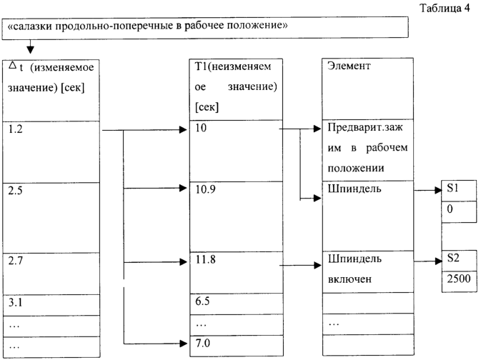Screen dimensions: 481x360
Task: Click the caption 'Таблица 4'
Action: tap(444, 9)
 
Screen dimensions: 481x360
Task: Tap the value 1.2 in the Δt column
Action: tap(15, 129)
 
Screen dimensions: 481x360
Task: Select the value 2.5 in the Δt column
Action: tap(15, 191)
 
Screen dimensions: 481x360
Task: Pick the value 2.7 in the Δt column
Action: tap(15, 261)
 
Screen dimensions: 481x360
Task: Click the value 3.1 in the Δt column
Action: tap(15, 303)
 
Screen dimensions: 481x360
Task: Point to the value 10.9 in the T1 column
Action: tap(205, 189)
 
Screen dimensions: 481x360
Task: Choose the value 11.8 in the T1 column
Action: tap(205, 259)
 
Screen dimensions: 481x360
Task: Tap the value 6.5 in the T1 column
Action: tap(202, 301)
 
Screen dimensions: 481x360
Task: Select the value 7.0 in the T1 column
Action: tap(203, 343)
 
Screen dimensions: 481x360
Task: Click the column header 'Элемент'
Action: tap(349, 66)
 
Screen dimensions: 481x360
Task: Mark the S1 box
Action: tap(459, 191)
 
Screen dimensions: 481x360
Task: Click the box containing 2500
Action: tap(460, 281)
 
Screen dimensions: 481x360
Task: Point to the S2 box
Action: tap(460, 261)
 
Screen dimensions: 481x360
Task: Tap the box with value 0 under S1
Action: tap(459, 211)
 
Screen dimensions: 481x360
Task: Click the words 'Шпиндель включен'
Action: tap(354, 269)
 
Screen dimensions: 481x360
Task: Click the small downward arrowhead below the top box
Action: tap(30, 50)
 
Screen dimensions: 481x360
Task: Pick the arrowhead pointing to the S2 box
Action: tap(439, 261)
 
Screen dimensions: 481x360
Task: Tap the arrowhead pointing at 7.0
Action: tap(183, 344)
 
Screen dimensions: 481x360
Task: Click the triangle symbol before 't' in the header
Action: tap(12, 65)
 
